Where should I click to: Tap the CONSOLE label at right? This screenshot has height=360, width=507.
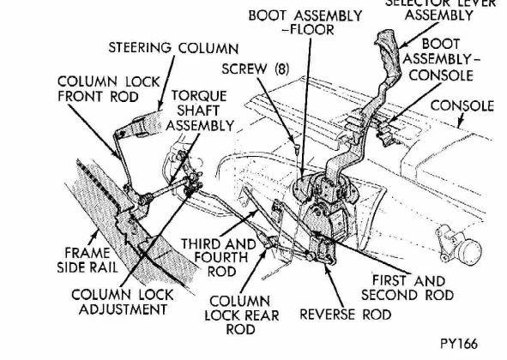coord(461,106)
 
